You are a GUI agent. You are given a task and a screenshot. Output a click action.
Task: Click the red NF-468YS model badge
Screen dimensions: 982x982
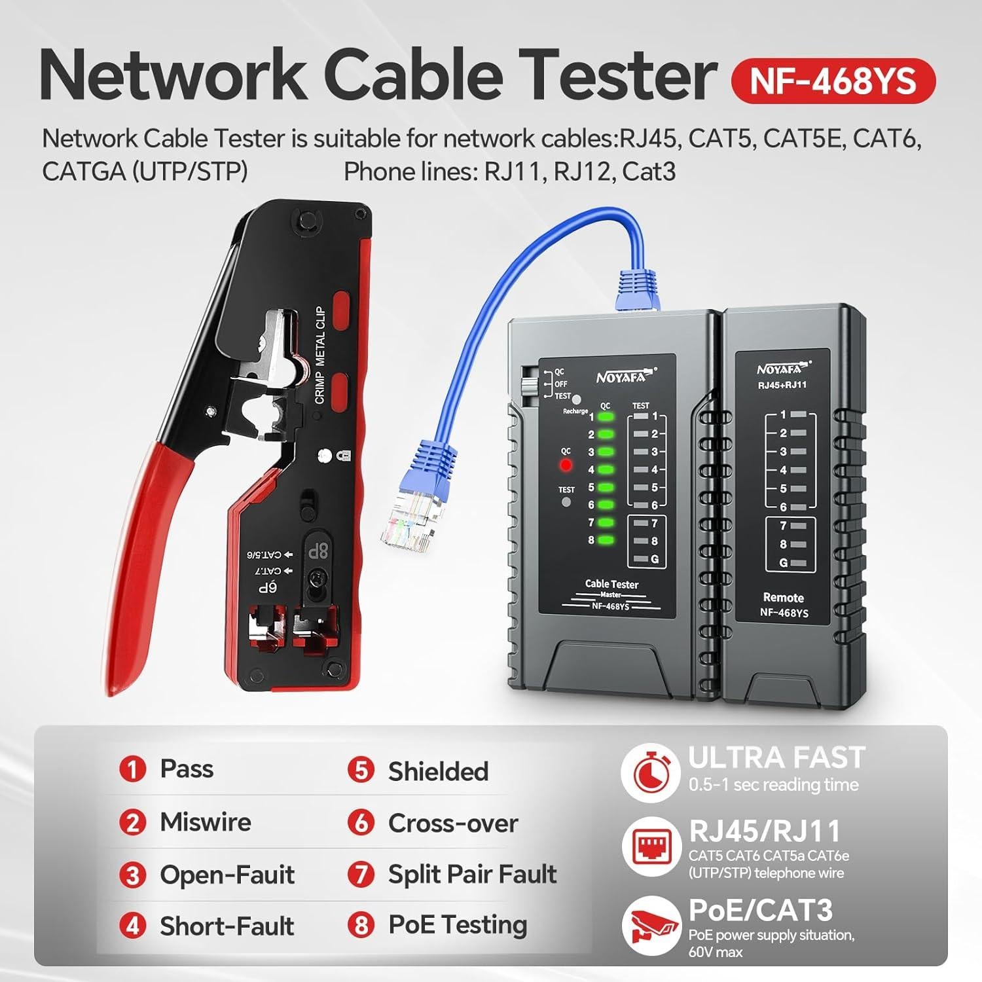(833, 81)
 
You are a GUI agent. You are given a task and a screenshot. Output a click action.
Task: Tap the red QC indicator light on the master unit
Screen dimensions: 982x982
(566, 465)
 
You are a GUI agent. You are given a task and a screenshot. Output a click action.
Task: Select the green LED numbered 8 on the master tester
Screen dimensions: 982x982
(606, 540)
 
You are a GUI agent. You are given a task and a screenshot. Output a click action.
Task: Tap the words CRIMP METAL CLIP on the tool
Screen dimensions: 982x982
(320, 355)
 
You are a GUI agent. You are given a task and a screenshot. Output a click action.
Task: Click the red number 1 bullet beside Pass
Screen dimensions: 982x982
(132, 769)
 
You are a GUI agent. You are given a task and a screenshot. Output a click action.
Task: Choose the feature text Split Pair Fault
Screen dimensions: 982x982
(472, 874)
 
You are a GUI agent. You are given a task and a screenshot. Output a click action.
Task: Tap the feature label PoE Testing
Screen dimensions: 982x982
(458, 925)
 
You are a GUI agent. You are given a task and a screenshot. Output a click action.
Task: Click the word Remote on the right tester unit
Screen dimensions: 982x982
(783, 597)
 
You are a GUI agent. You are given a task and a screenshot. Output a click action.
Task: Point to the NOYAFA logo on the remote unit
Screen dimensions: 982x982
(783, 369)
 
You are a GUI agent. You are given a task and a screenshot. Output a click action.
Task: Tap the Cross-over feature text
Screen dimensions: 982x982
(452, 823)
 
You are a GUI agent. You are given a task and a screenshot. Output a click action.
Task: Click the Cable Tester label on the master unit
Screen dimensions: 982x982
(611, 584)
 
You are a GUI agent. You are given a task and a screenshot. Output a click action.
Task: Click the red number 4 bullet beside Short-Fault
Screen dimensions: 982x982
(132, 926)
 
